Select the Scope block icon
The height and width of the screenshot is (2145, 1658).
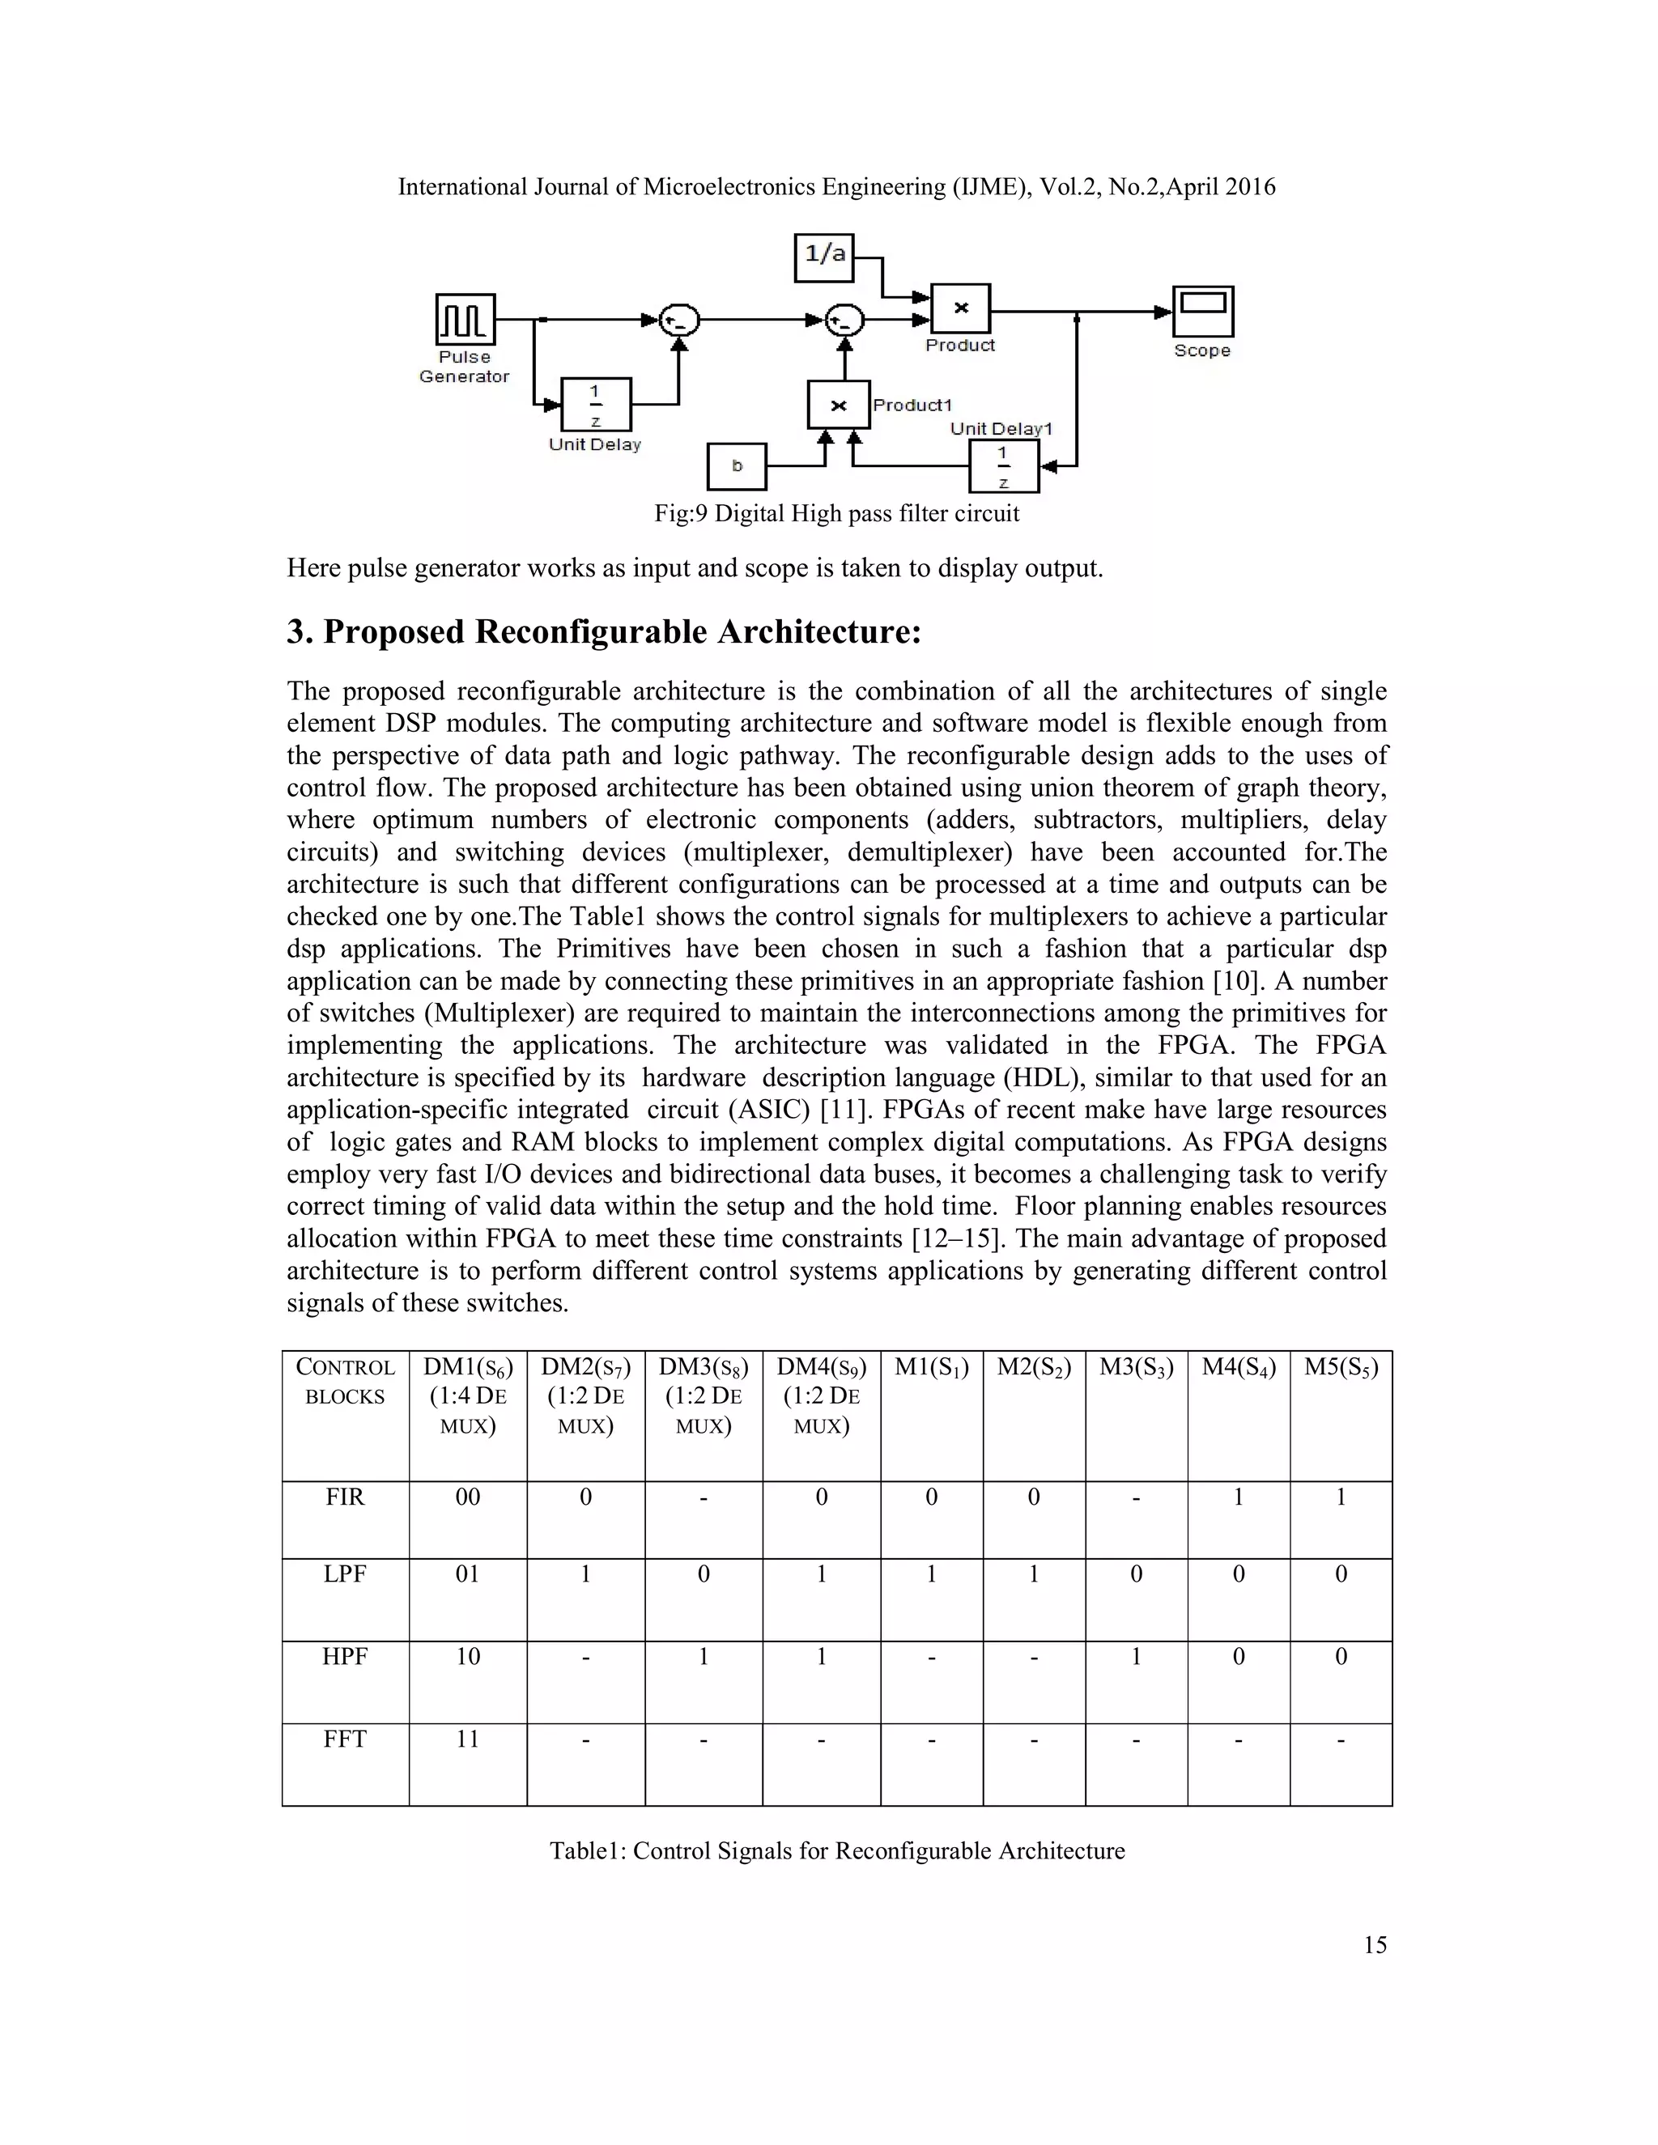pyautogui.click(x=1202, y=312)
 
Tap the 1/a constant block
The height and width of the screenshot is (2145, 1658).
pyautogui.click(x=824, y=257)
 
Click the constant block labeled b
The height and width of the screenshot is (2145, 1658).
pyautogui.click(x=737, y=466)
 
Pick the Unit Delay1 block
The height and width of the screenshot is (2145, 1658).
pyautogui.click(x=1003, y=466)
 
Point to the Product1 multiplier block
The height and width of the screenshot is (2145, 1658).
pyautogui.click(x=838, y=405)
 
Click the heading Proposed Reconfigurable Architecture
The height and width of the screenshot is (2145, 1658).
pyautogui.click(x=604, y=631)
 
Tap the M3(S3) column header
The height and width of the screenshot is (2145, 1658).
pyautogui.click(x=1136, y=1367)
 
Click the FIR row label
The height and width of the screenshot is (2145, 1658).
pyautogui.click(x=345, y=1497)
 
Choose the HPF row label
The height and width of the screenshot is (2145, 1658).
pyautogui.click(x=345, y=1657)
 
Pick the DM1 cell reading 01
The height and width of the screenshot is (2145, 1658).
pyautogui.click(x=468, y=1574)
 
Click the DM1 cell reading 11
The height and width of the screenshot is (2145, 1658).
pyautogui.click(x=468, y=1739)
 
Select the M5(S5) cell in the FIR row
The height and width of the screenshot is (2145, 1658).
pyautogui.click(x=1340, y=1497)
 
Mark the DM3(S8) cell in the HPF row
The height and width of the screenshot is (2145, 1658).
pyautogui.click(x=704, y=1657)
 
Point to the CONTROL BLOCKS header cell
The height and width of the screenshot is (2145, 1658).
pyautogui.click(x=345, y=1382)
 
